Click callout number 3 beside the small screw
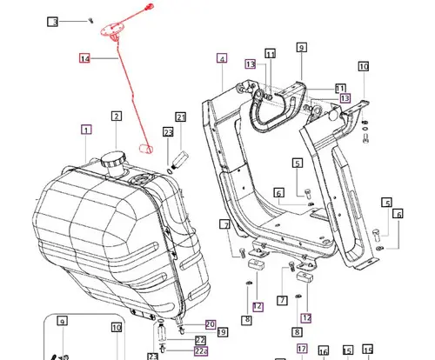tap(52, 22)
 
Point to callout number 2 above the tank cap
tap(115, 116)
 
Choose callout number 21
tap(180, 117)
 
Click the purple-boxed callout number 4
tap(222, 59)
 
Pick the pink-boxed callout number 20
tap(210, 323)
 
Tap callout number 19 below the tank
tap(223, 332)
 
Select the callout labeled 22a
tap(201, 350)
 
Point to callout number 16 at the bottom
tap(324, 351)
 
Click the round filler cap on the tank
tap(111, 161)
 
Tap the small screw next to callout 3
tap(90, 18)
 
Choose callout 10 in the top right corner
tap(364, 65)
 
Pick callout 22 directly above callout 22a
tap(200, 340)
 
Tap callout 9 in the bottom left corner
tap(63, 323)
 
